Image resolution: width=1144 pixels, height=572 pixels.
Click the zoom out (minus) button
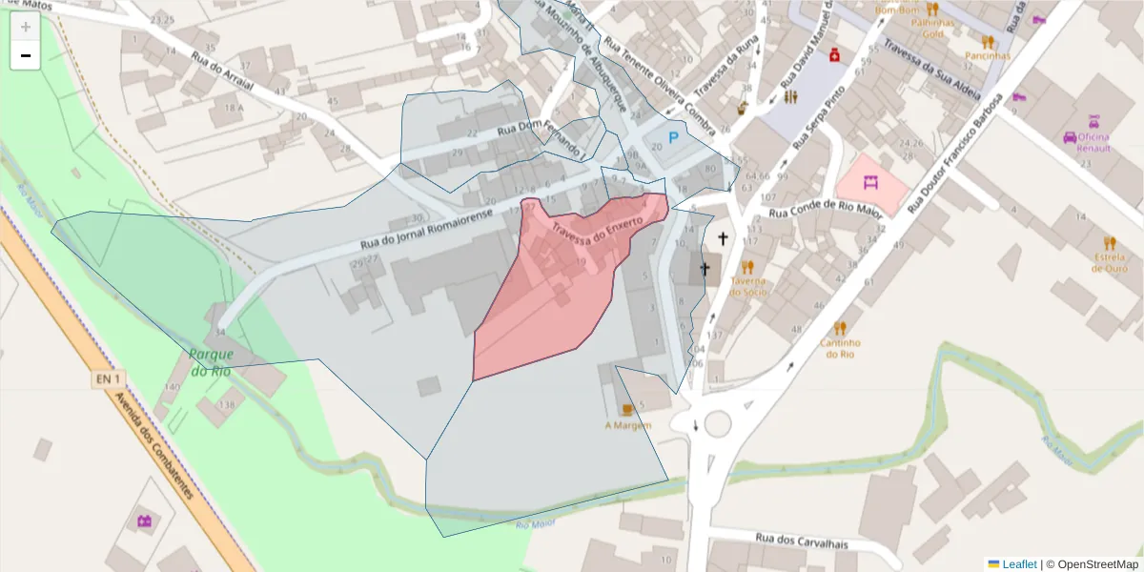pyautogui.click(x=26, y=56)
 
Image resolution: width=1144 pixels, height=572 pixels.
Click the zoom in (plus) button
pyautogui.click(x=26, y=27)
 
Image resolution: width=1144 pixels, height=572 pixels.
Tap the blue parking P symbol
pyautogui.click(x=673, y=138)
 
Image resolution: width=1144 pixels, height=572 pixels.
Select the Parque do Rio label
pyautogui.click(x=210, y=362)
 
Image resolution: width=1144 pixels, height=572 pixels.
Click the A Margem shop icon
pyautogui.click(x=627, y=409)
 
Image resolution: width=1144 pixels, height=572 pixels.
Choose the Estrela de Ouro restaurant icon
pyautogui.click(x=1109, y=243)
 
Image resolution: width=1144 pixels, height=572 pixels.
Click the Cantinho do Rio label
pyautogui.click(x=840, y=348)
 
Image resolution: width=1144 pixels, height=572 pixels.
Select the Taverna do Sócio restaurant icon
pyautogui.click(x=747, y=267)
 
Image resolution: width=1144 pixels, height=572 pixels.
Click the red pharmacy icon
pyautogui.click(x=835, y=54)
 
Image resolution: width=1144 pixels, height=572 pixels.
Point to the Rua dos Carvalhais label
pyautogui.click(x=802, y=541)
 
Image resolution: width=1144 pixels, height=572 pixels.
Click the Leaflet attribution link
pyautogui.click(x=1019, y=564)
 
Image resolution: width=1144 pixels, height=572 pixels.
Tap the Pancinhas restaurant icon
pyautogui.click(x=988, y=42)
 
